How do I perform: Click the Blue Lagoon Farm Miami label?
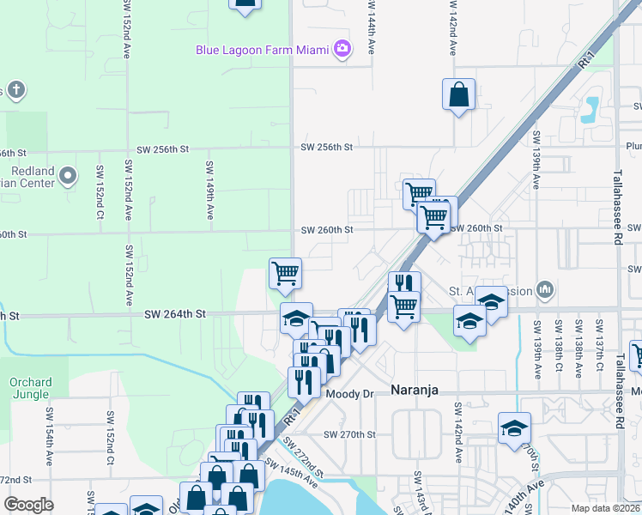[263, 50]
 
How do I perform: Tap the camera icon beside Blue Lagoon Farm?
[343, 48]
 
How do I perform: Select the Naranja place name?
[415, 390]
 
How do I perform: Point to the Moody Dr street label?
[351, 393]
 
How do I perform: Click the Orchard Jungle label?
[31, 388]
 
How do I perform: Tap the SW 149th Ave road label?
[209, 189]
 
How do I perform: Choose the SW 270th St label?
[350, 435]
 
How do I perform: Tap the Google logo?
[28, 505]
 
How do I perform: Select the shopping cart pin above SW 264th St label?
[285, 274]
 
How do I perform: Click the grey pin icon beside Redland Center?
[69, 177]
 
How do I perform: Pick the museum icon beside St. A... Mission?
[544, 290]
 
